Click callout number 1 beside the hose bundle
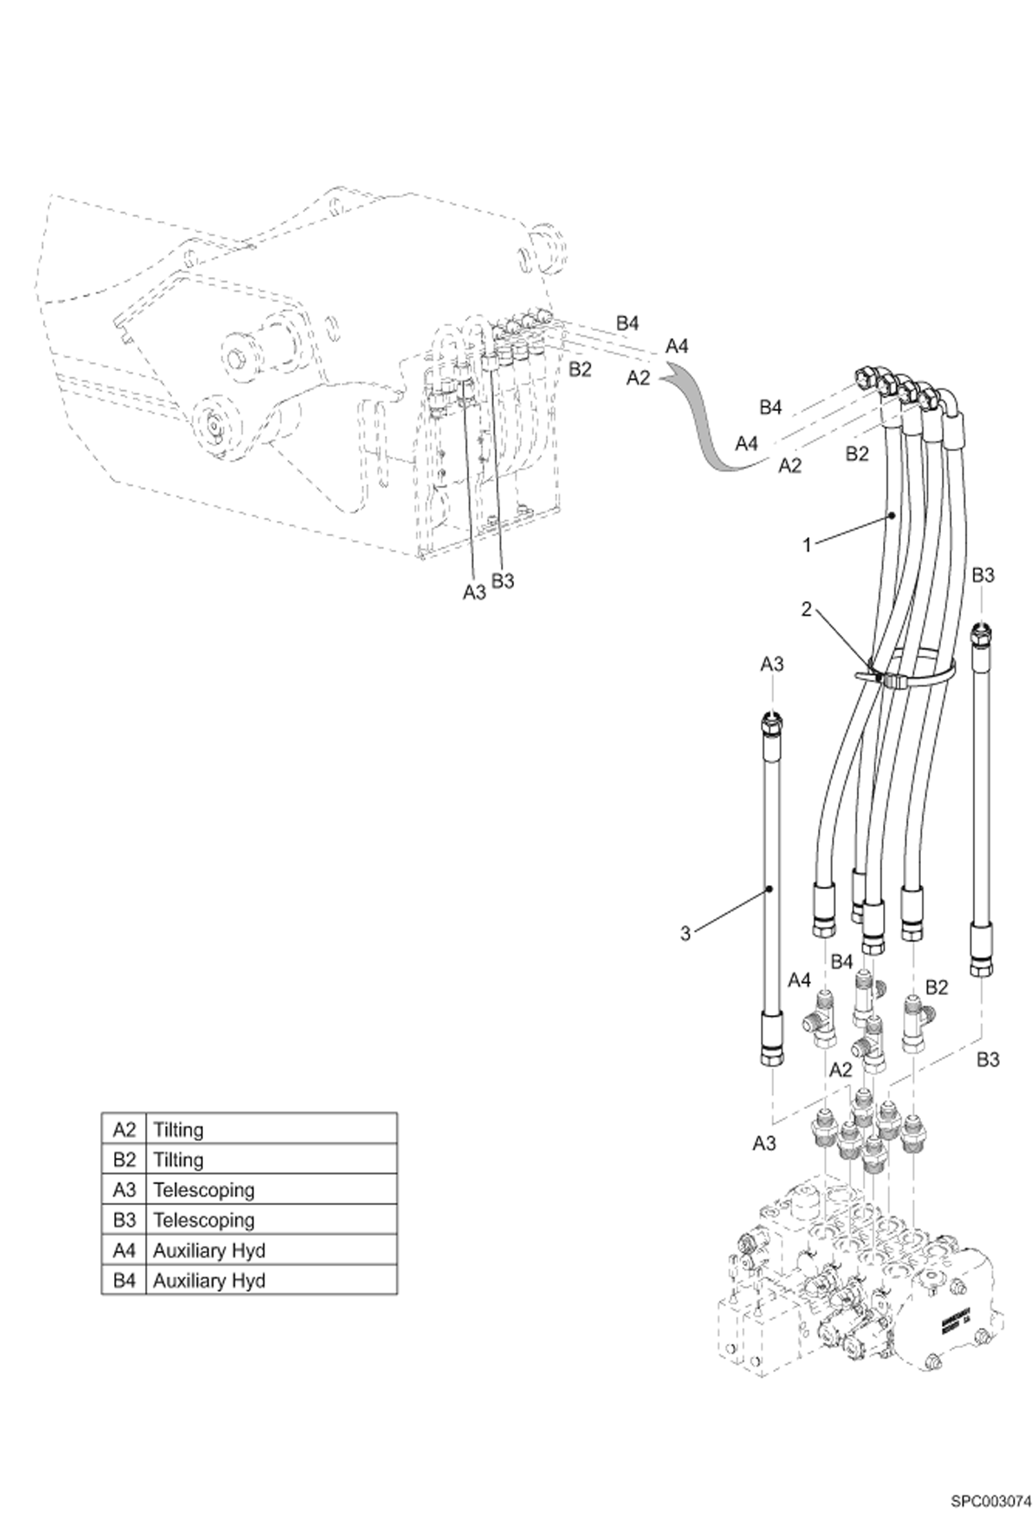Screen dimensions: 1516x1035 tap(806, 545)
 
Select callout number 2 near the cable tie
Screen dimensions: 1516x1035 tap(806, 610)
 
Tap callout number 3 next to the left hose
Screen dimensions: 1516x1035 tap(685, 934)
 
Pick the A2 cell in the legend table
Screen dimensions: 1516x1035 tap(124, 1130)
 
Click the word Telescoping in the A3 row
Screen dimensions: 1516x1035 tap(204, 1190)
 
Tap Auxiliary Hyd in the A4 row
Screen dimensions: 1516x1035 tap(209, 1251)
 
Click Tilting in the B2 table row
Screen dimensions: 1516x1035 tap(178, 1160)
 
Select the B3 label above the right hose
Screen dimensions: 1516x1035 tap(982, 575)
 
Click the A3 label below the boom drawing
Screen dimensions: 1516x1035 tap(474, 592)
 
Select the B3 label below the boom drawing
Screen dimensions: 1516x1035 tap(503, 581)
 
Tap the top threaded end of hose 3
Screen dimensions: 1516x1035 tap(771, 723)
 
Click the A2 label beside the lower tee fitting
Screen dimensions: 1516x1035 tap(839, 1070)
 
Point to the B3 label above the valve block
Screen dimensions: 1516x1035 tap(987, 1060)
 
